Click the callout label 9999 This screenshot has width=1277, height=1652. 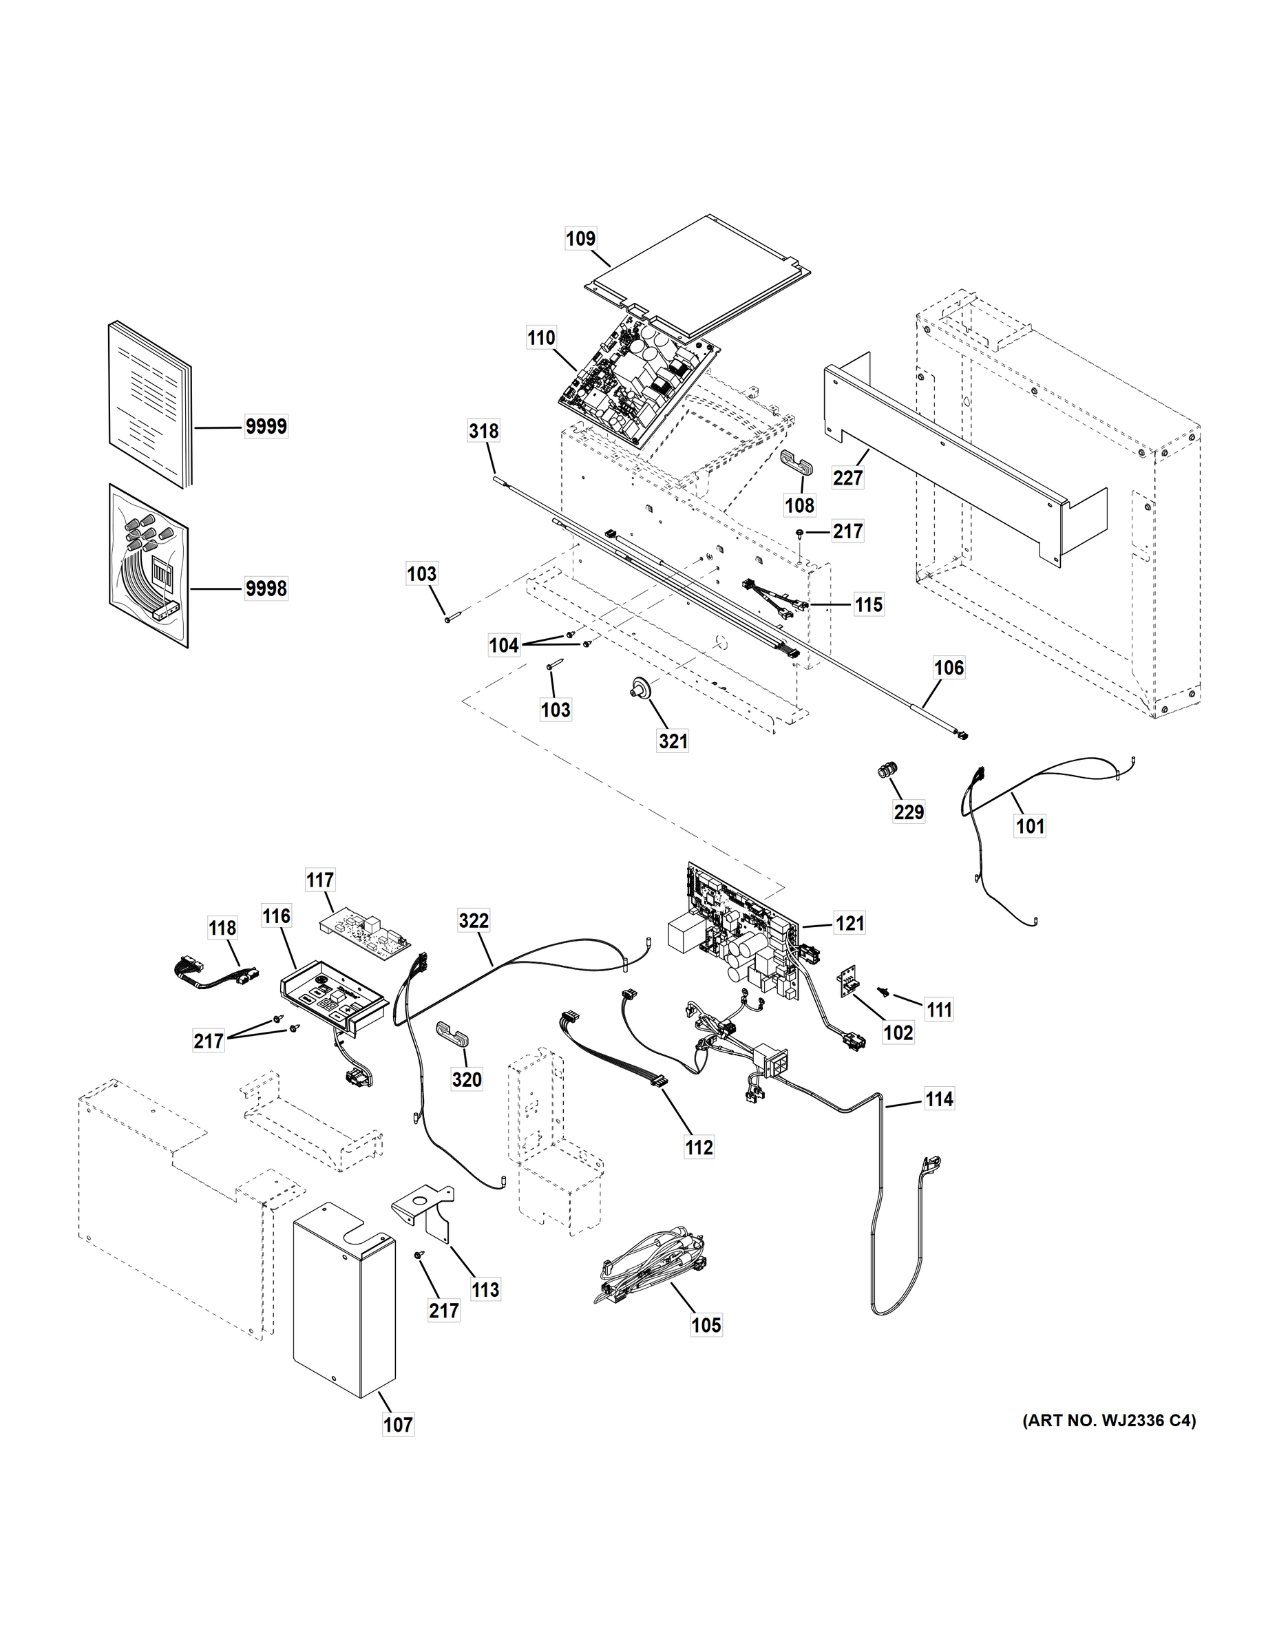point(266,427)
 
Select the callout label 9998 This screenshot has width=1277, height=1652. point(266,588)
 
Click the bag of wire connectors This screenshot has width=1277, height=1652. point(148,566)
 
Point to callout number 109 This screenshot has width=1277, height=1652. point(581,238)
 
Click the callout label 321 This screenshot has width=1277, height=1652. point(673,741)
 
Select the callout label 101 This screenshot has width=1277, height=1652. point(1030,826)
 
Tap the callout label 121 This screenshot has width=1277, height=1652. point(849,923)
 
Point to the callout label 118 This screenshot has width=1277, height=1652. point(222,927)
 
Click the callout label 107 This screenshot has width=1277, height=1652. point(398,1425)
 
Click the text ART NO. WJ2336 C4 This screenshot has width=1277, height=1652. point(1109,1421)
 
